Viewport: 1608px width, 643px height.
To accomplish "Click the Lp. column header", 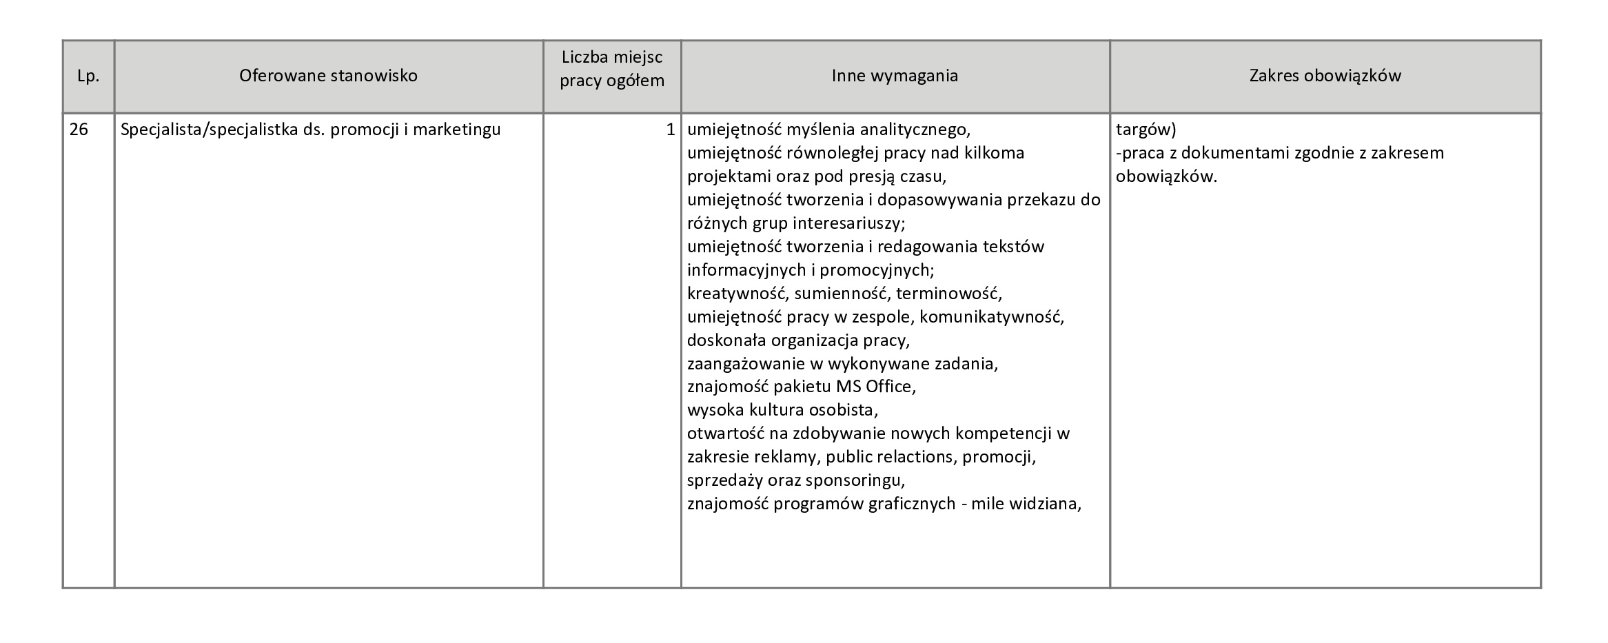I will (88, 76).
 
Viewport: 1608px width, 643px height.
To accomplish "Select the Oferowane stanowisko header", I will (328, 75).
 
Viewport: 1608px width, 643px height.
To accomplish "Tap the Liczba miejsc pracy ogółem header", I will (612, 69).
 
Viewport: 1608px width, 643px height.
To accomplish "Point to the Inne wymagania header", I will (895, 75).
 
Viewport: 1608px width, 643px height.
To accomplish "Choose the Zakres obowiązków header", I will (1325, 75).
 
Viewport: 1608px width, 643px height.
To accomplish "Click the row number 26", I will (79, 130).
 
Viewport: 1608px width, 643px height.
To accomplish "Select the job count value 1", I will (670, 130).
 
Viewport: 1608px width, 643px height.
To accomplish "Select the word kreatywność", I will (737, 294).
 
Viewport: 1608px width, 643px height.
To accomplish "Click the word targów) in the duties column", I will (1146, 130).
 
